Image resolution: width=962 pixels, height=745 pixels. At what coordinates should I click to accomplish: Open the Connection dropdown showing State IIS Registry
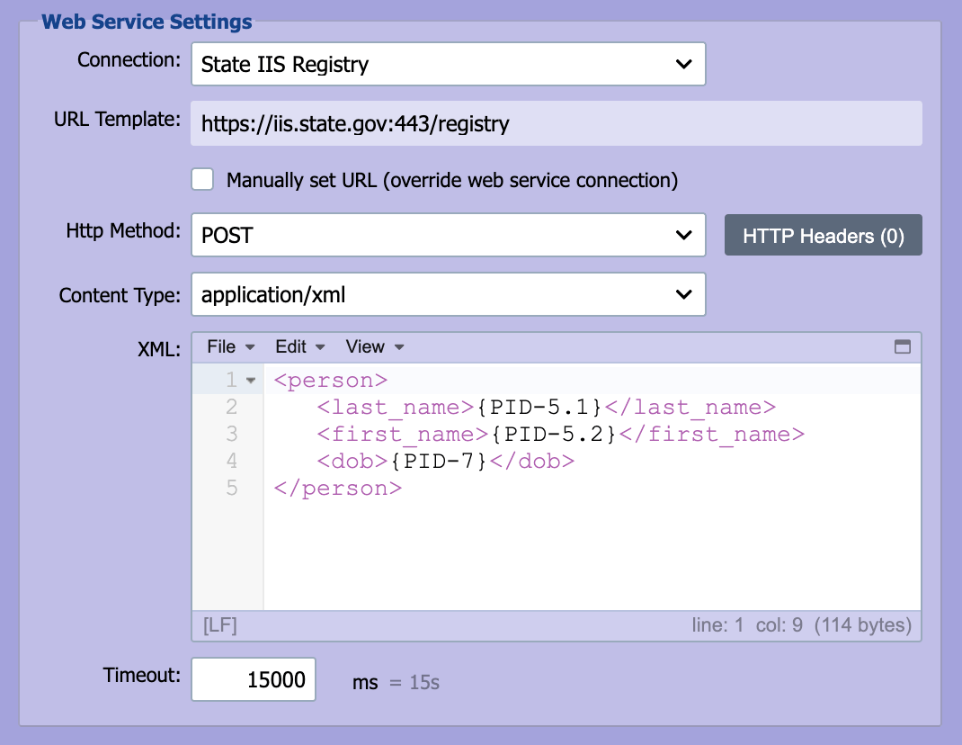[x=449, y=64]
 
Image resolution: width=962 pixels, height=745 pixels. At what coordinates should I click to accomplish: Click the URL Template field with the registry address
[x=556, y=123]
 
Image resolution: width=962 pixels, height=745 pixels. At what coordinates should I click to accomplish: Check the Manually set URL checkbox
[x=202, y=180]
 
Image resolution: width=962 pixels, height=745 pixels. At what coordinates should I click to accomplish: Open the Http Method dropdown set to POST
[x=449, y=235]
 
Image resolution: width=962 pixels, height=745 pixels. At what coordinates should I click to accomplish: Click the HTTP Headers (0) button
[x=824, y=235]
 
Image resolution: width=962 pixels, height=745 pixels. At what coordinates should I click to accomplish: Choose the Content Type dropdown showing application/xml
[x=449, y=294]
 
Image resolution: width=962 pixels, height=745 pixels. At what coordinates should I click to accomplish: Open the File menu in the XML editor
[x=231, y=347]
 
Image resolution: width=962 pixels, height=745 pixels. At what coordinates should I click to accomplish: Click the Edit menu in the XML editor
[x=300, y=347]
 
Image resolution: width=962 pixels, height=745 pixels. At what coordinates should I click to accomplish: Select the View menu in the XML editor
[x=375, y=347]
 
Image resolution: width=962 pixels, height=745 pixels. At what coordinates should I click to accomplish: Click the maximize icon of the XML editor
[x=903, y=347]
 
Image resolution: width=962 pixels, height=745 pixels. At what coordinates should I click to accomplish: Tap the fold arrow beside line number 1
[x=250, y=381]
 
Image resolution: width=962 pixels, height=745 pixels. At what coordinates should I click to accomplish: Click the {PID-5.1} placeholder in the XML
[x=540, y=408]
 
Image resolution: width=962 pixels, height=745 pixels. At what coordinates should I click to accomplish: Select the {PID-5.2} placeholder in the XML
[x=554, y=435]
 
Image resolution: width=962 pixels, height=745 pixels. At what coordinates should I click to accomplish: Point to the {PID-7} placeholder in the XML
[x=440, y=462]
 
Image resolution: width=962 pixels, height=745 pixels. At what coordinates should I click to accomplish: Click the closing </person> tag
[x=338, y=489]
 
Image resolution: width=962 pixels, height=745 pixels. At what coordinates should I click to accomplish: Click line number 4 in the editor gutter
[x=231, y=461]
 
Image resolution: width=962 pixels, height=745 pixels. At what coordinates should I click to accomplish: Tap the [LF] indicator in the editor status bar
[x=220, y=625]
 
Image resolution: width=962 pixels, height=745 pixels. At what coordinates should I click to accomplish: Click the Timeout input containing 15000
[x=254, y=679]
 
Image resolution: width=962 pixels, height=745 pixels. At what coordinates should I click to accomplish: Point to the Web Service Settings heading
[x=147, y=22]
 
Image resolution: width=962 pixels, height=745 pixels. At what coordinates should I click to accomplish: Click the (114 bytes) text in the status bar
[x=862, y=625]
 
